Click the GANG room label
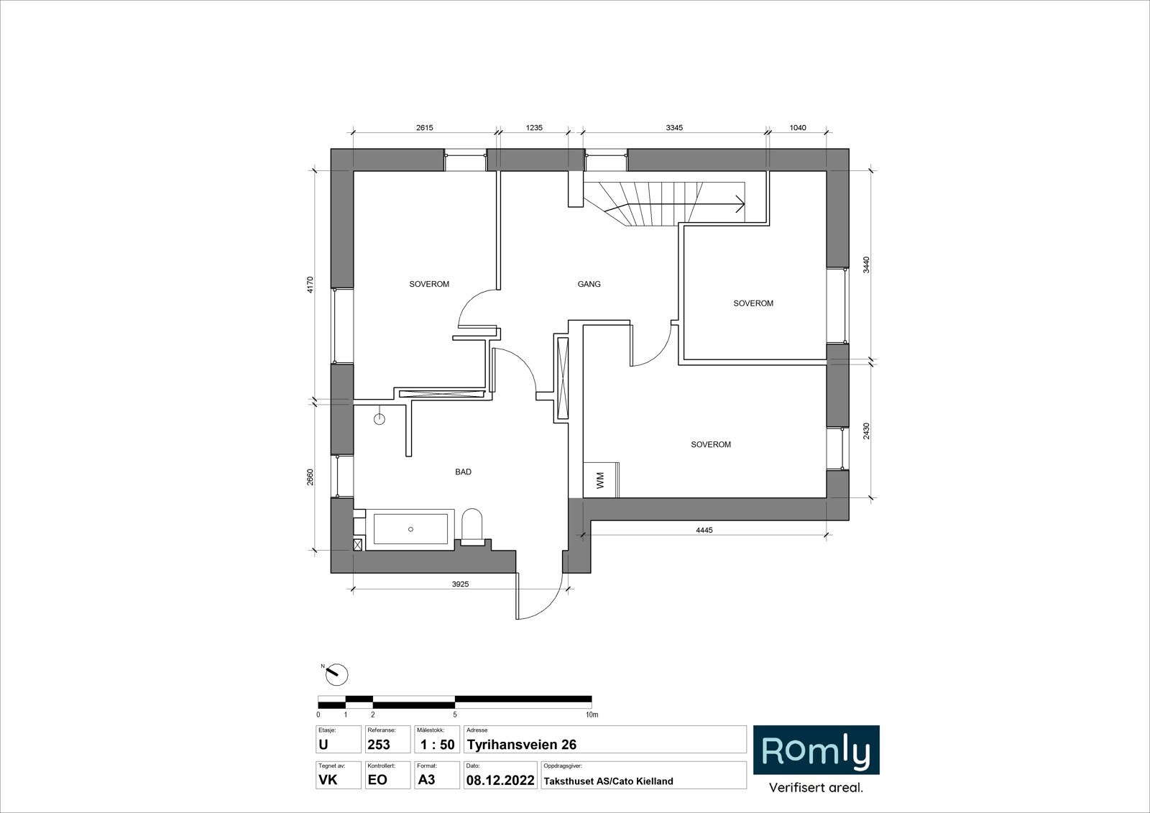589,284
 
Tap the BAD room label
463,472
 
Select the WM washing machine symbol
601,480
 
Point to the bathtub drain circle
410,529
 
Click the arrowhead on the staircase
741,204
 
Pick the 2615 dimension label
425,128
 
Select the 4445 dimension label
704,530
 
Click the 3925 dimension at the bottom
461,584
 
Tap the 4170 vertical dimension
310,285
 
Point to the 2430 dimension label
867,431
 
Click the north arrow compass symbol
337,674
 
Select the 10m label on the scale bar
592,715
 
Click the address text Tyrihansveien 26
522,744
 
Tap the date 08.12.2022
500,780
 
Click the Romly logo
816,750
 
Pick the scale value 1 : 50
438,744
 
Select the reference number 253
379,744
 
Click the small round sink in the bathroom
379,419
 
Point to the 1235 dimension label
535,128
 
